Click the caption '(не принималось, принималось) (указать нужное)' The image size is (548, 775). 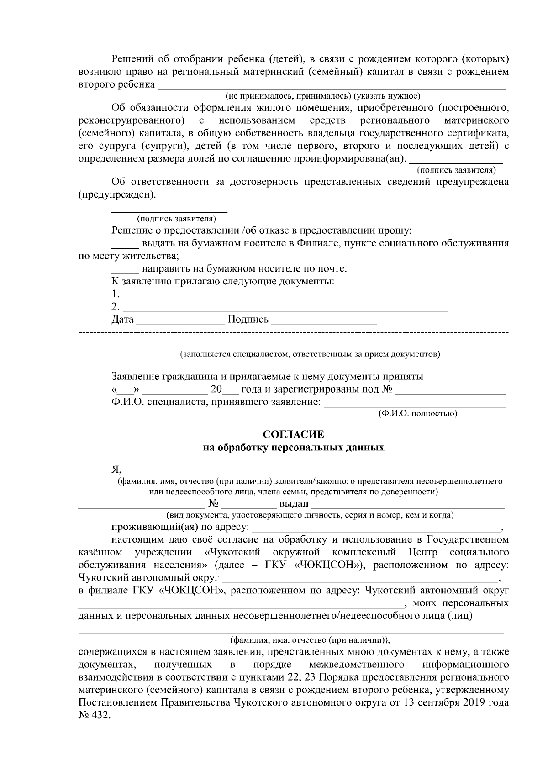point(322,96)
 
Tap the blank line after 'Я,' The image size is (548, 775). point(315,471)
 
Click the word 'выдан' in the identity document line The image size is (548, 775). point(294,504)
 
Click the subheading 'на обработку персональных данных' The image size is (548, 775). point(294,448)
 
